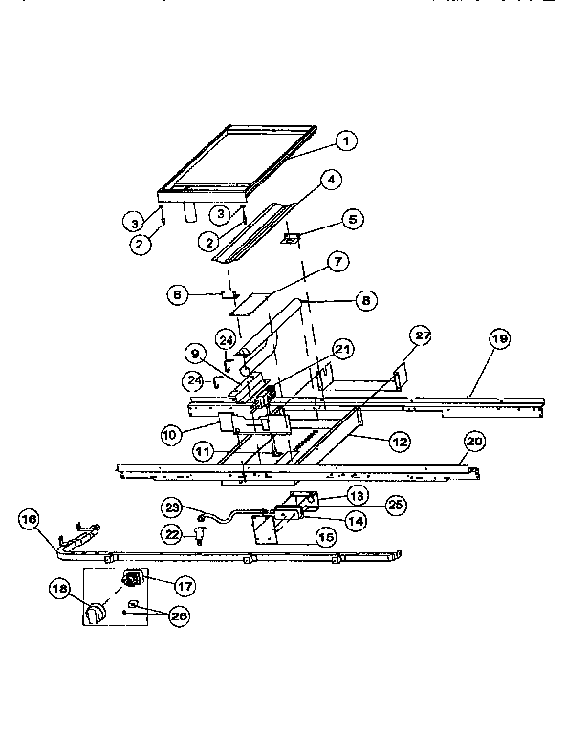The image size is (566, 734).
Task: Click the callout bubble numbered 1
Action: pos(346,141)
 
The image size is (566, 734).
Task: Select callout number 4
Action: pos(330,179)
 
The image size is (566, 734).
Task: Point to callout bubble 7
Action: pos(336,260)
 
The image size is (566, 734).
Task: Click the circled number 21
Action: pos(342,348)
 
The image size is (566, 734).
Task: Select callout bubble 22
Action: pos(172,532)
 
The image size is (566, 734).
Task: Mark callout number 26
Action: pos(178,616)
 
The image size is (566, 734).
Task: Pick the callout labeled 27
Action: pos(422,335)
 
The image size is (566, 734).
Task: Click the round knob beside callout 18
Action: pos(96,614)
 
